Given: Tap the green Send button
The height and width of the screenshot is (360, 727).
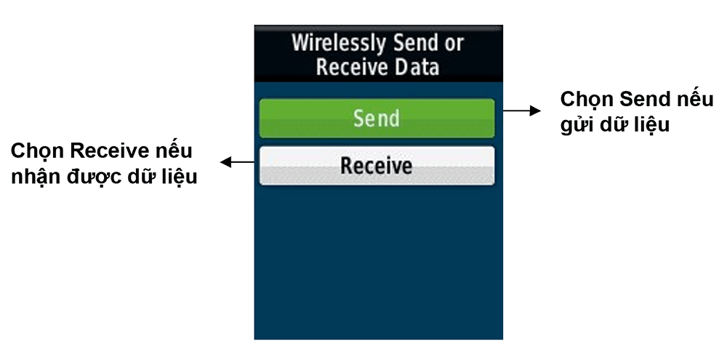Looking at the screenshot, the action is click(377, 119).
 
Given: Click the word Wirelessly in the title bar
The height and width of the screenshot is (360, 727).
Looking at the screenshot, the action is click(340, 44).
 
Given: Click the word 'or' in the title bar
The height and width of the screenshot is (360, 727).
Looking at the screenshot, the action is click(454, 44).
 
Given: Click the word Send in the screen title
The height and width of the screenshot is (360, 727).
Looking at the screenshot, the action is click(415, 44).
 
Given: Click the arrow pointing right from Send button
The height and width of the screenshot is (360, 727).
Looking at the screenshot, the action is click(521, 111).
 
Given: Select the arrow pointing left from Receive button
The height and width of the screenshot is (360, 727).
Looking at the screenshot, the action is click(237, 162).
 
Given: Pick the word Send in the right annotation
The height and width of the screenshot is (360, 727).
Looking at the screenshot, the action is click(646, 100).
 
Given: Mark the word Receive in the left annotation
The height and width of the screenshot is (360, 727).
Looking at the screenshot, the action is click(109, 151).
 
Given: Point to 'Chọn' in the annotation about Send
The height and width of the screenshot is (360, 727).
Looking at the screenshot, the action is click(587, 100).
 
